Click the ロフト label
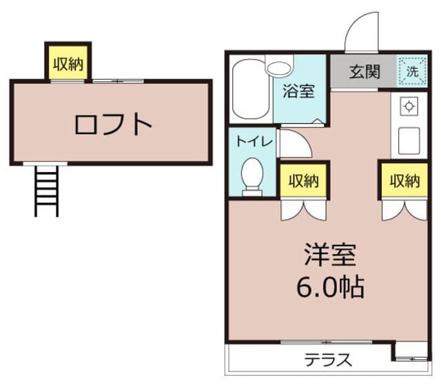click(113, 125)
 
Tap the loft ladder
click(48, 189)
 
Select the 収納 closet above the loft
click(68, 64)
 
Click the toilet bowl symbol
click(252, 175)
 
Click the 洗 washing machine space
click(411, 71)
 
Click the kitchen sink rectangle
click(408, 140)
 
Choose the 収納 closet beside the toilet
click(303, 181)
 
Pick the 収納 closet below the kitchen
click(404, 181)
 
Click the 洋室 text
click(330, 255)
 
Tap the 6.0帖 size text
click(330, 286)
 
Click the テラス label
click(329, 359)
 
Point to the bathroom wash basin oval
click(279, 67)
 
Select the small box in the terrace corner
click(411, 352)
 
